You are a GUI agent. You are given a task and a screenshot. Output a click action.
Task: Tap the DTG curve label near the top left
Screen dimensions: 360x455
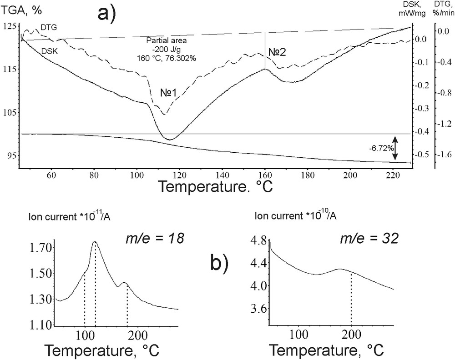pos(49,28)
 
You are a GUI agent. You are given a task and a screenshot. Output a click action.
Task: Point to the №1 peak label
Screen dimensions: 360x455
pos(168,93)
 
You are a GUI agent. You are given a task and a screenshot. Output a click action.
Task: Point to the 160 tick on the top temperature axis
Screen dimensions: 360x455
pos(265,173)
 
